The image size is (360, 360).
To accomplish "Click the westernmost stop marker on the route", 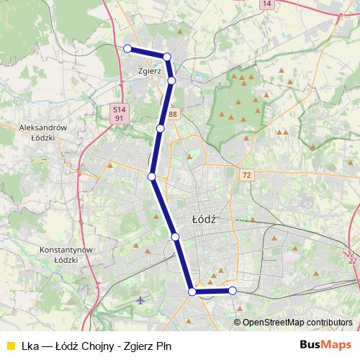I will pos(127,48).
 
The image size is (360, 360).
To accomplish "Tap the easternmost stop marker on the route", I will pos(233,291).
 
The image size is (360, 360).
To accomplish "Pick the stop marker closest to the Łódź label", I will pos(175,236).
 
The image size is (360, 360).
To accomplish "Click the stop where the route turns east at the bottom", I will pos(192,292).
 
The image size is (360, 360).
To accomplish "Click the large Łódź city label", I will pos(205,217).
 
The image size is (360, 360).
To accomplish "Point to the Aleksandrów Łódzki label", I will pos(43,132).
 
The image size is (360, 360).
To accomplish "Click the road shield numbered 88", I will pos(173,114).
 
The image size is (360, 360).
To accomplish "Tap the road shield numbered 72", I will pos(247,176).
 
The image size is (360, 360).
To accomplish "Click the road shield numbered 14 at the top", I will pos(268,4).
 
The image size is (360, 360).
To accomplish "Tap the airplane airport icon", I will pos(140,300).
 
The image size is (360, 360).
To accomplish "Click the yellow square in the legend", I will pos(10,345).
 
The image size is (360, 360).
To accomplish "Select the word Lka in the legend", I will pos(30,345).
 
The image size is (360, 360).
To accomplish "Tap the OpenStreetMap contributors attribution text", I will pos(297,322).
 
